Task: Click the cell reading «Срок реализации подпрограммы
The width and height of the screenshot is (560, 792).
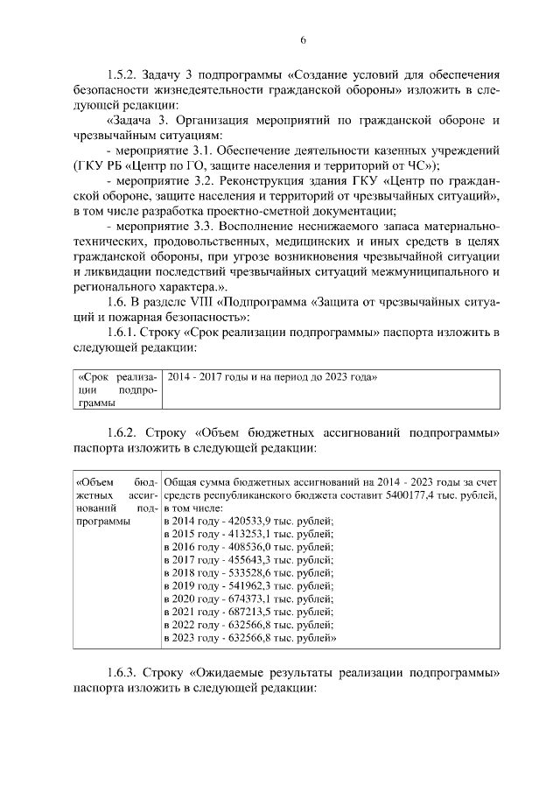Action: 115,389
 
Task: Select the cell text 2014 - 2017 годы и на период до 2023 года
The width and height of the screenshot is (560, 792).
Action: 272,376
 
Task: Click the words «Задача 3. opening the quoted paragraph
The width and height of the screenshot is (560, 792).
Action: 137,119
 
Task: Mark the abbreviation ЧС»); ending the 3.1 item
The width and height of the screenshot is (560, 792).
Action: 421,165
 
